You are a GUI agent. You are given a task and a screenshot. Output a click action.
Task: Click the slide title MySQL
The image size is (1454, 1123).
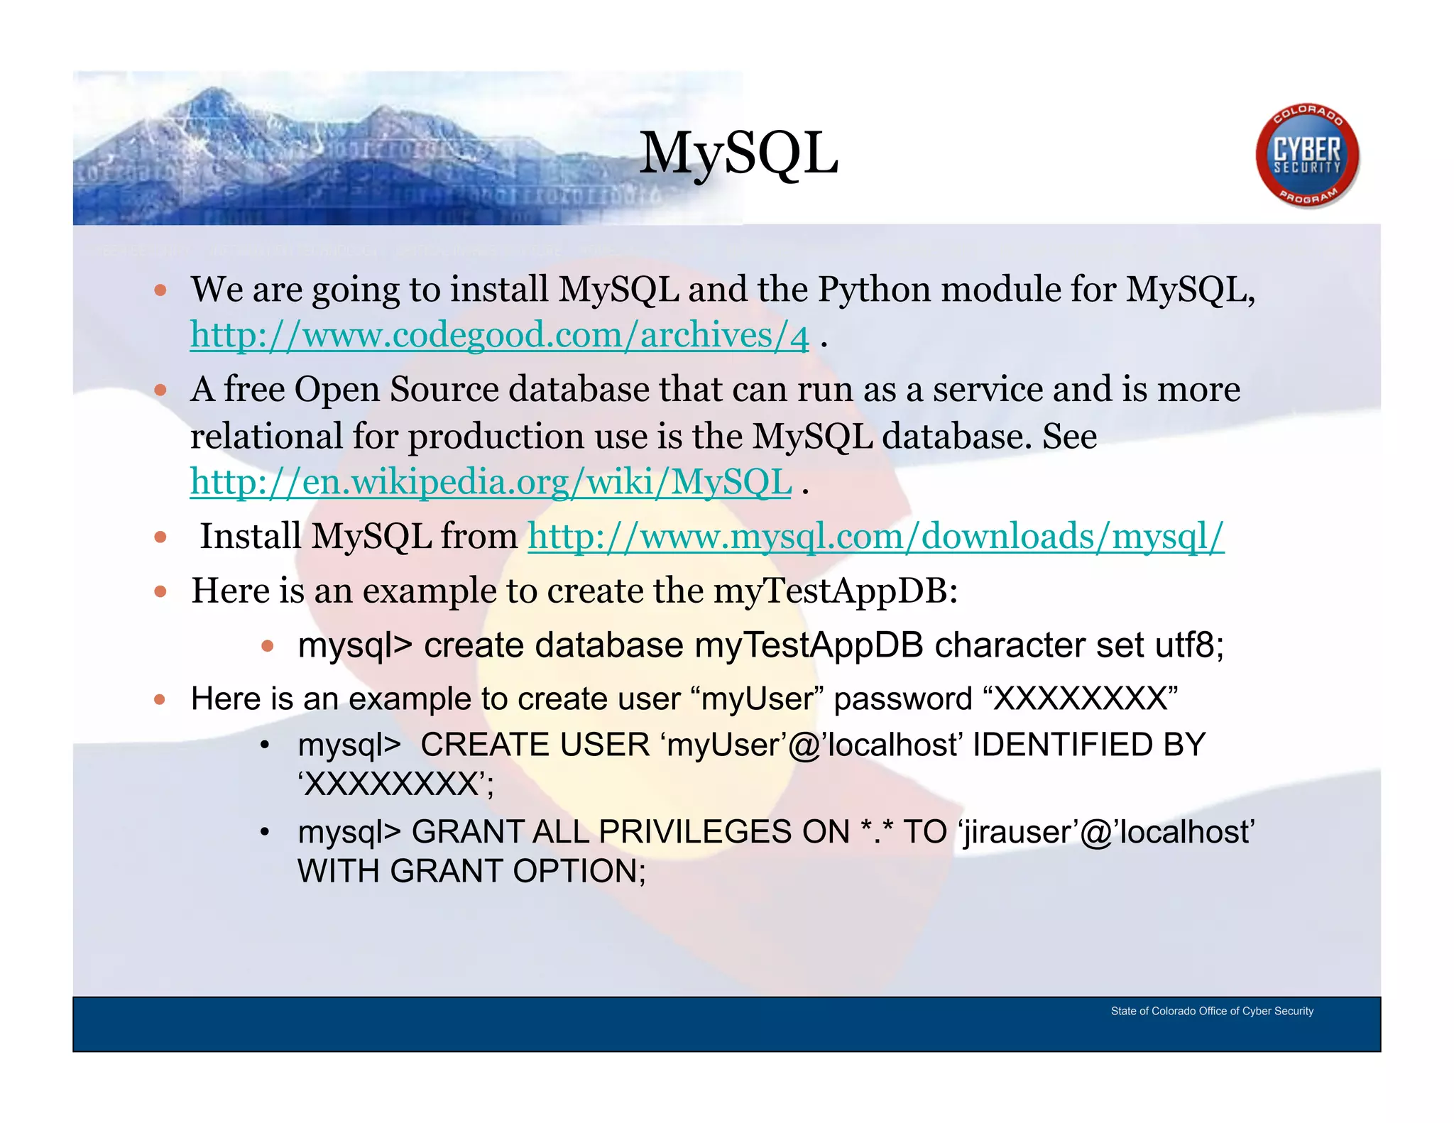(x=738, y=155)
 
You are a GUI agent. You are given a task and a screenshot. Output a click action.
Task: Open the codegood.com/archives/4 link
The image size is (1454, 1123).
(x=499, y=335)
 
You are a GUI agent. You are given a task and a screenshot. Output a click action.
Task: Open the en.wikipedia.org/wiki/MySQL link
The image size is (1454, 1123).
(x=491, y=482)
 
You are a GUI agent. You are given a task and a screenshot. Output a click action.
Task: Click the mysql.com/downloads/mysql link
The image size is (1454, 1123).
(x=875, y=536)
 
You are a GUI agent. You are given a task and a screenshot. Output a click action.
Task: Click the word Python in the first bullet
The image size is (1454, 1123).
(x=874, y=290)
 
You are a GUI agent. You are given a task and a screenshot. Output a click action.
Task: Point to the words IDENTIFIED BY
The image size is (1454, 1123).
(x=1088, y=745)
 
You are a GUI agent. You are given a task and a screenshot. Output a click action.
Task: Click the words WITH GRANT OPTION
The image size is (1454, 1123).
(x=471, y=871)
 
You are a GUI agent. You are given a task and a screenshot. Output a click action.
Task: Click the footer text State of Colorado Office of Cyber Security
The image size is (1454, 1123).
(x=1212, y=1011)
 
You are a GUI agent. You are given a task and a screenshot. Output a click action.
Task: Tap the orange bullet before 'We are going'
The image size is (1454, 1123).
(x=160, y=290)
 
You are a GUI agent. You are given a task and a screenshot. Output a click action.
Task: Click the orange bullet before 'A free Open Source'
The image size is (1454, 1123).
(x=160, y=390)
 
